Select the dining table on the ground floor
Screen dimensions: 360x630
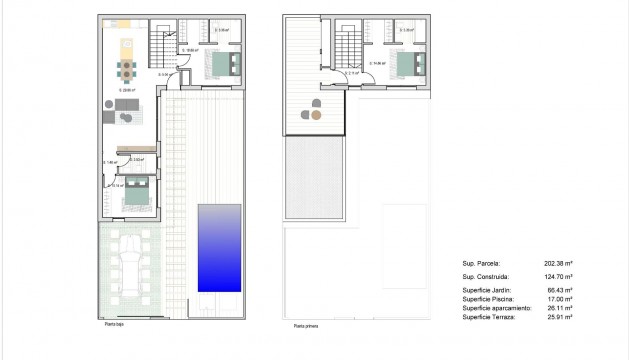[126, 70]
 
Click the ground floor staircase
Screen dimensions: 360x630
[161, 44]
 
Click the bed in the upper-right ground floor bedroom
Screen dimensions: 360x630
[223, 66]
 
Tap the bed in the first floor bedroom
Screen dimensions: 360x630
[407, 66]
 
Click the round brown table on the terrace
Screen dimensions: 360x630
[316, 115]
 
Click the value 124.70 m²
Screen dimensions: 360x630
[556, 276]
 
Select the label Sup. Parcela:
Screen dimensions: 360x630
[480, 264]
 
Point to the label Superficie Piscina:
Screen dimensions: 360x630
[489, 299]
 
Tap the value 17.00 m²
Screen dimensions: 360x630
[558, 299]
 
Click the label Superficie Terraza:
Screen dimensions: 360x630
[489, 317]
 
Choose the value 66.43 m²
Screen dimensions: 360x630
[558, 290]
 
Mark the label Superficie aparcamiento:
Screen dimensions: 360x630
[496, 308]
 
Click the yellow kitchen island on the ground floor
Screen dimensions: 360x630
[126, 46]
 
